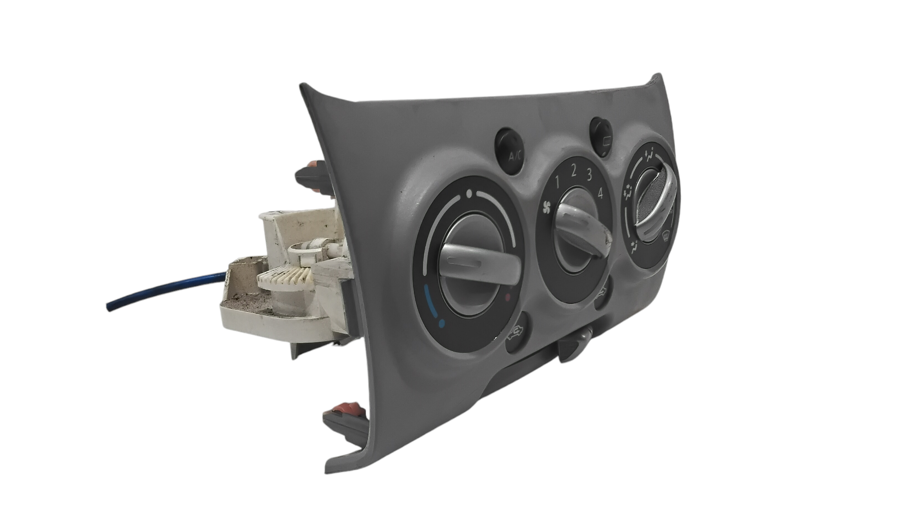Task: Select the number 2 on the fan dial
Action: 573,171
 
